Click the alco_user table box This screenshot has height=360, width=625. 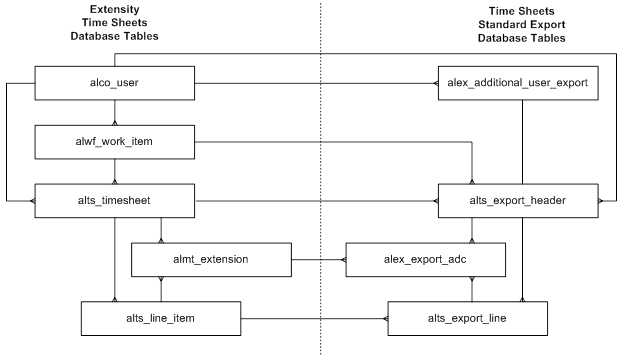pos(115,83)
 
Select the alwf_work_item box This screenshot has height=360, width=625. pos(115,142)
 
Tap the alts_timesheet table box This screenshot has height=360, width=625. pos(115,201)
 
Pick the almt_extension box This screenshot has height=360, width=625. pos(211,260)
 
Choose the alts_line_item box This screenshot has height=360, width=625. pos(161,319)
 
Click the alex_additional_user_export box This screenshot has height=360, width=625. pos(518,83)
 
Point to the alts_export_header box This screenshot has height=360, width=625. pos(518,201)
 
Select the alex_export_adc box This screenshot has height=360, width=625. pos(426,260)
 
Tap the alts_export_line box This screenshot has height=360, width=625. pos(468,319)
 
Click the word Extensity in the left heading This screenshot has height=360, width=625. pos(115,10)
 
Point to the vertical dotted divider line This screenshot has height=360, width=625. pos(320,179)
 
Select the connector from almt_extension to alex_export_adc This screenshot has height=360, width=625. pos(318,260)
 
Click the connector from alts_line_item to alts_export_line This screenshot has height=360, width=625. pos(314,319)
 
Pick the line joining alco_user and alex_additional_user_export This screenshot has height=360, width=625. pos(316,83)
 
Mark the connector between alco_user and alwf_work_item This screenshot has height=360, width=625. pos(115,112)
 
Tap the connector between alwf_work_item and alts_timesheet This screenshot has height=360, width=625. pos(115,171)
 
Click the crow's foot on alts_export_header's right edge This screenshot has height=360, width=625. pos(601,201)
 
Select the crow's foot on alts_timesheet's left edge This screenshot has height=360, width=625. pos(33,201)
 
